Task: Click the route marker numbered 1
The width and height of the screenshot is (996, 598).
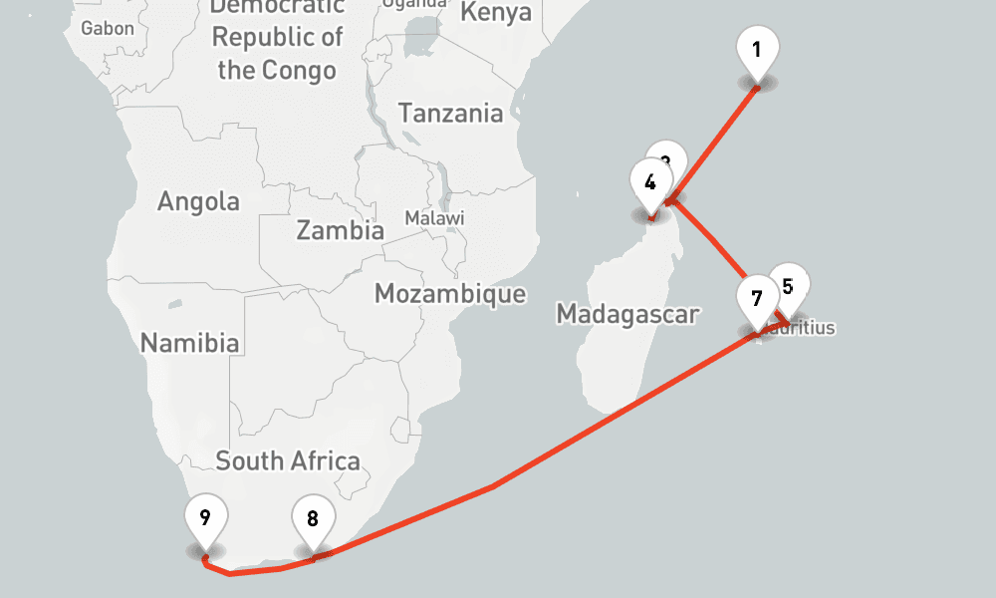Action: pos(757,50)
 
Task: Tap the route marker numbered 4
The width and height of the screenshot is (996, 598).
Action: pos(650,183)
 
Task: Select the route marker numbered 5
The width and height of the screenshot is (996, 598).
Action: pos(788,287)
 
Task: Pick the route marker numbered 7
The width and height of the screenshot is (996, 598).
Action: pos(757,299)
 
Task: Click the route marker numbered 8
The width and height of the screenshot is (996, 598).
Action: pos(313,519)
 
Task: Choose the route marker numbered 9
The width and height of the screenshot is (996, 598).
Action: pos(205,517)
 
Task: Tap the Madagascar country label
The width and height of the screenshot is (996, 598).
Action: pos(627,314)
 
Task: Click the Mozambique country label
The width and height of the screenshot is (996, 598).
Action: pos(450,293)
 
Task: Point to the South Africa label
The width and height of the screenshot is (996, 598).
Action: pos(288,460)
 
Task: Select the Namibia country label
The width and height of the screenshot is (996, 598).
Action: pos(189,344)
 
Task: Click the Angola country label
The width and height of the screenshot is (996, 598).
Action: pos(199,201)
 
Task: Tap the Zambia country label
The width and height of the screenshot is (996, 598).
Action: pos(340,230)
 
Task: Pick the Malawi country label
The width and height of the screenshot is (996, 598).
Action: pos(434,217)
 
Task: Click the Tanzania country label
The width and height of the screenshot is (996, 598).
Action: pos(451,113)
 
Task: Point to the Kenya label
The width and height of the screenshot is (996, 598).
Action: pos(497,13)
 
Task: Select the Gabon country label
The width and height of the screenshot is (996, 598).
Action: pos(108,28)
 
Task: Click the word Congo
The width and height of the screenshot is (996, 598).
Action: pos(299,70)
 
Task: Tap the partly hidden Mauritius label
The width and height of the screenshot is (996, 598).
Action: pos(812,327)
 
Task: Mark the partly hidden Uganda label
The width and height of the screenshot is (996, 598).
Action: pos(414,4)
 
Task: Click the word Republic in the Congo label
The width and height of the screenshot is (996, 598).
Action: pos(263,38)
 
